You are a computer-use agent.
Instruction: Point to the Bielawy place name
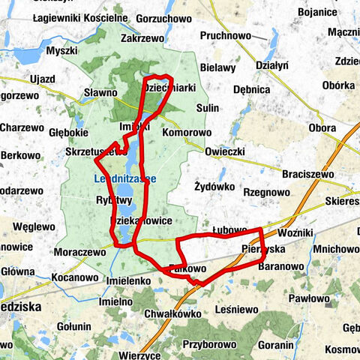(218, 67)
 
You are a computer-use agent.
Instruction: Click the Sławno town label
(100, 92)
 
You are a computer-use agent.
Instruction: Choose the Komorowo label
(187, 133)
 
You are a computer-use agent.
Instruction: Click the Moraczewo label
(79, 253)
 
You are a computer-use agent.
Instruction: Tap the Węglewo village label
(29, 226)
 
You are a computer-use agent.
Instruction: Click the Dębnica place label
(251, 89)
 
